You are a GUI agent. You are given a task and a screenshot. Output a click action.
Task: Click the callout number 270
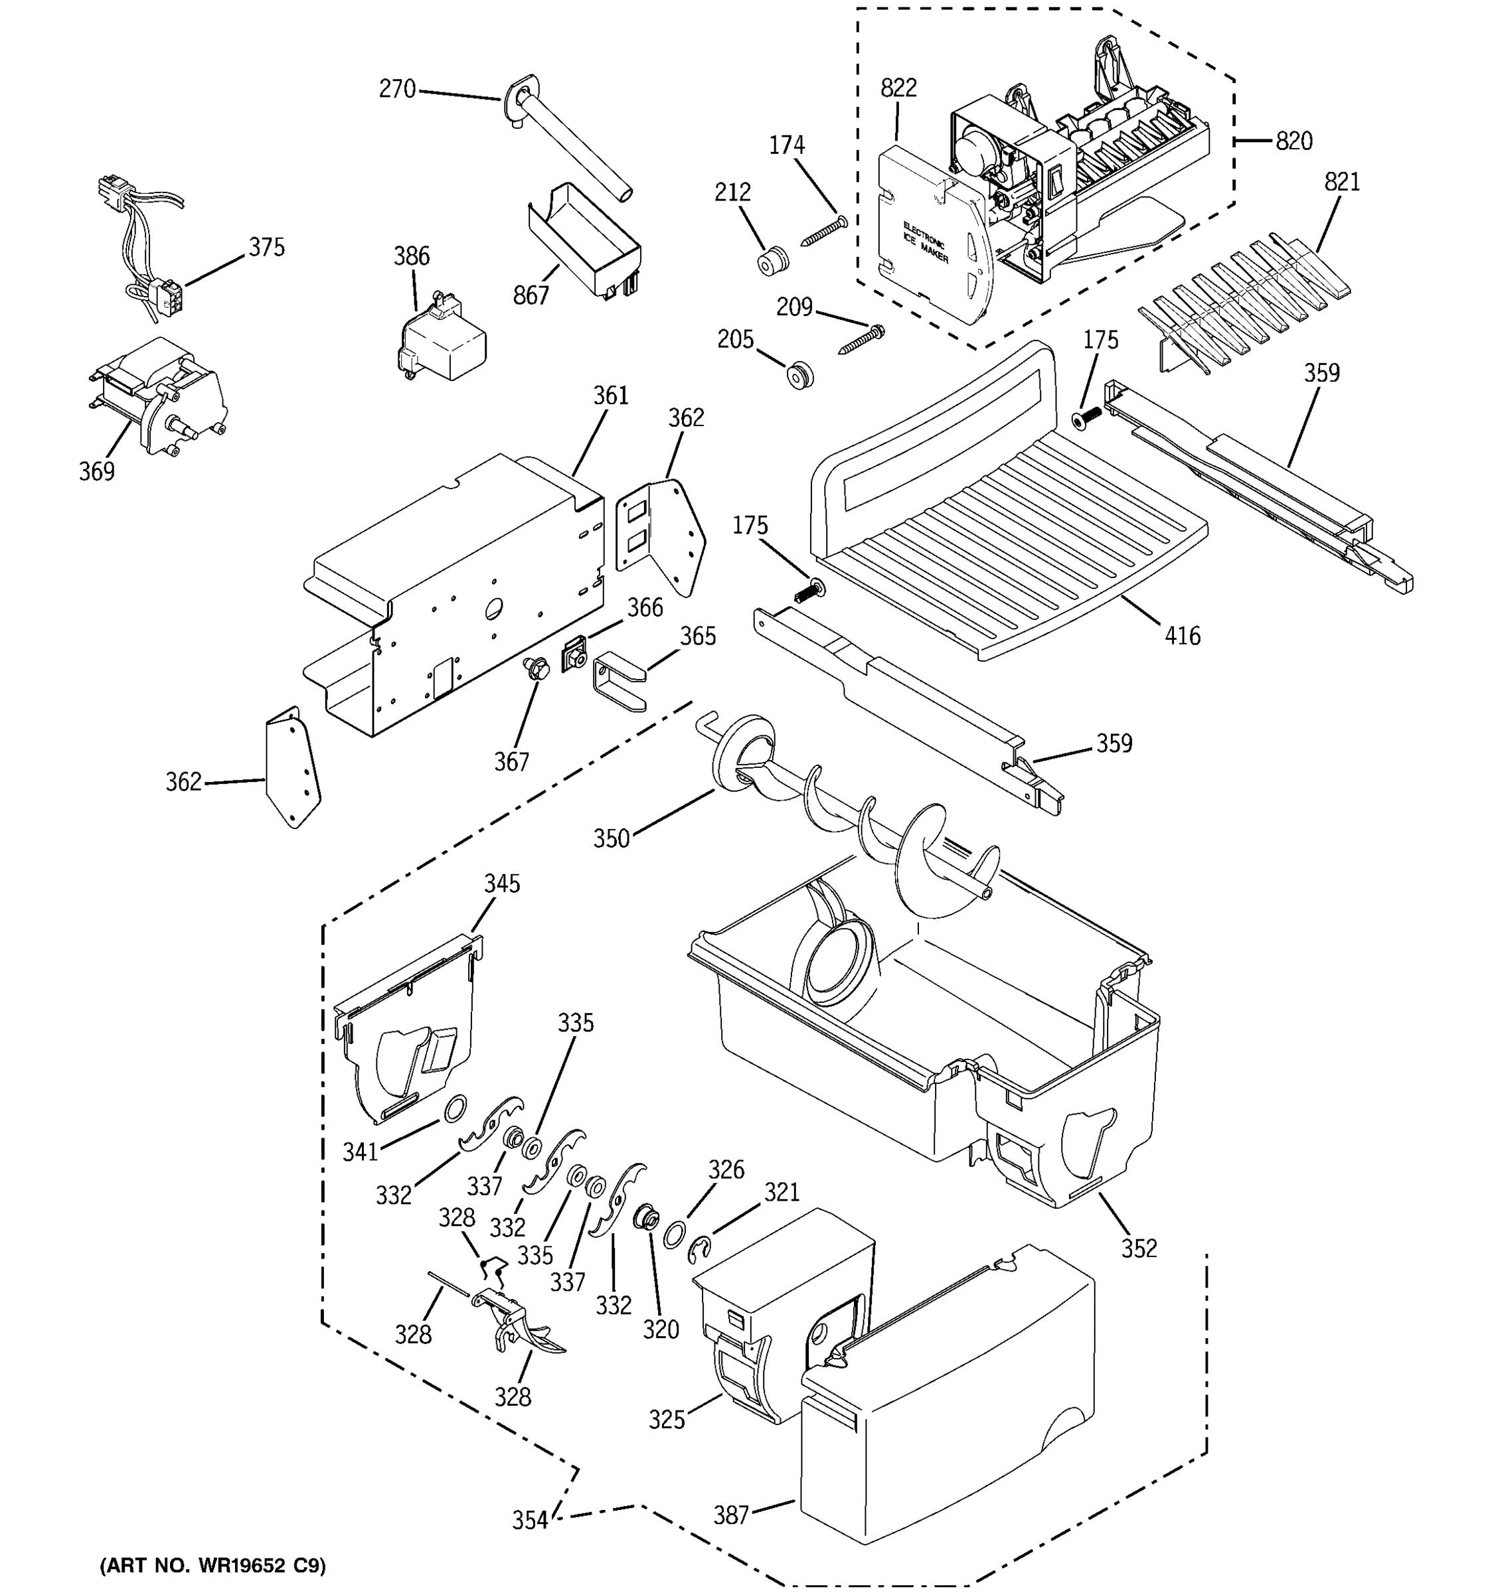point(397,89)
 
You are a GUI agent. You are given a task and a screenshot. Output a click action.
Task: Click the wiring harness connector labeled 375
point(170,295)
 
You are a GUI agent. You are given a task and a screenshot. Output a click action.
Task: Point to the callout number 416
point(1182,637)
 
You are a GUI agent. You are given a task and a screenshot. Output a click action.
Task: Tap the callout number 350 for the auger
point(611,838)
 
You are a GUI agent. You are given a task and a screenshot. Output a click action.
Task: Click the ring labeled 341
point(456,1108)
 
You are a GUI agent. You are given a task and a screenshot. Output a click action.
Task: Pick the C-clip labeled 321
point(700,1250)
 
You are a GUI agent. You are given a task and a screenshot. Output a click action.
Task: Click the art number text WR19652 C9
point(212,1566)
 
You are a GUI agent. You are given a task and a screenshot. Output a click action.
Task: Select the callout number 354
point(530,1520)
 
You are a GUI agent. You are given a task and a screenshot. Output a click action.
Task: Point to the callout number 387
point(731,1515)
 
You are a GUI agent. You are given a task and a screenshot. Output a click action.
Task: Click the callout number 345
point(502,884)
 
